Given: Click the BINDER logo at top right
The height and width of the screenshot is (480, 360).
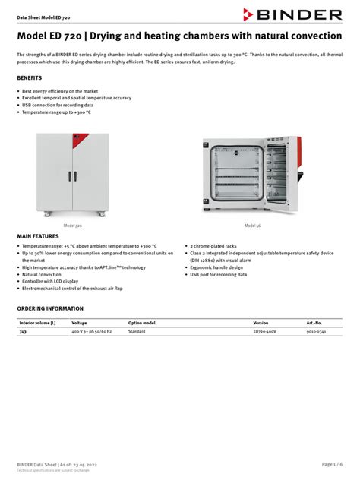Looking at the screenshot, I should (x=292, y=14).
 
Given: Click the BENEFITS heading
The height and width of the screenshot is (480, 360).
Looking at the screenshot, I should (x=29, y=78).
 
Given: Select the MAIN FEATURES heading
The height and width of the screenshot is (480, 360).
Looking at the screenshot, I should (x=37, y=237).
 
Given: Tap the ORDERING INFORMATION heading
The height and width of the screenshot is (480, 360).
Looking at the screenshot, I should (x=50, y=308).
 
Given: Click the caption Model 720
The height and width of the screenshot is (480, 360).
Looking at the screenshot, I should (x=73, y=226).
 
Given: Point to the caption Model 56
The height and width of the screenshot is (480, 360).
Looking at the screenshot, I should (x=251, y=226).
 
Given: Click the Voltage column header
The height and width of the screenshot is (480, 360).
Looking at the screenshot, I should (x=79, y=323).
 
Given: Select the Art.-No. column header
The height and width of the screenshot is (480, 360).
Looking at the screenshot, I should (x=314, y=323).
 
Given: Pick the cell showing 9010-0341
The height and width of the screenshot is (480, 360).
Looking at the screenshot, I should (x=316, y=332).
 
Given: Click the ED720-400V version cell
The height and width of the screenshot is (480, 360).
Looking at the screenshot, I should (x=266, y=332).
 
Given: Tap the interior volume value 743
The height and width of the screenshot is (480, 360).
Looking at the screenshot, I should (x=23, y=332).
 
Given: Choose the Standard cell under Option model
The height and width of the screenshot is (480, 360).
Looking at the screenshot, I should (x=137, y=332).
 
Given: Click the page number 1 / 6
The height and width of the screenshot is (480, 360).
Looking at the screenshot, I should (x=333, y=463).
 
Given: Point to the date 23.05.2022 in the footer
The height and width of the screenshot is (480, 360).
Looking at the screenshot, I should (x=84, y=463).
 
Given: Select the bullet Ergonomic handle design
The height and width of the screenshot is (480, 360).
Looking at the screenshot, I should (x=216, y=267).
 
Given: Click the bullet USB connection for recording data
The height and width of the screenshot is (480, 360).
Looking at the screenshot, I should (x=58, y=105).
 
